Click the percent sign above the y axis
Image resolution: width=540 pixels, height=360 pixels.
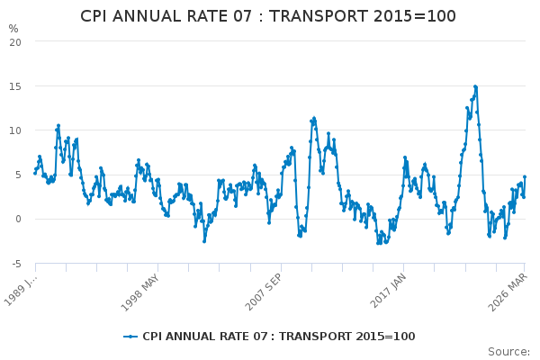tap(13, 29)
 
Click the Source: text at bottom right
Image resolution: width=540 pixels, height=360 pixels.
tap(508, 351)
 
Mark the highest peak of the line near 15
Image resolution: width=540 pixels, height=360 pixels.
tap(475, 86)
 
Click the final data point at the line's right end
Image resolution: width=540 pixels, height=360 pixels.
tap(525, 176)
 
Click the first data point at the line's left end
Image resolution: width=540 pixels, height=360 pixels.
tap(35, 173)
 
